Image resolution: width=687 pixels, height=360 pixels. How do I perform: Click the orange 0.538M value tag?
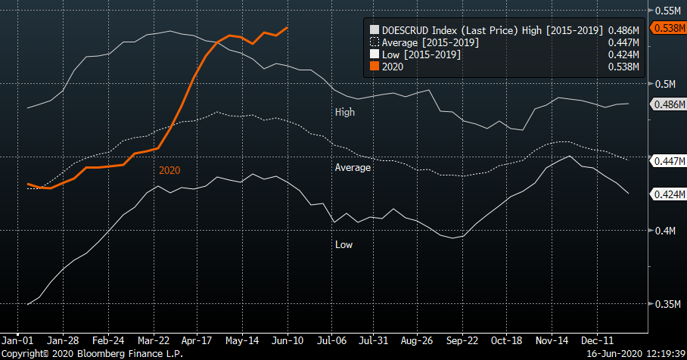(669, 28)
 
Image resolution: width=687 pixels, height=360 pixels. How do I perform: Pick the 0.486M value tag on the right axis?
(669, 104)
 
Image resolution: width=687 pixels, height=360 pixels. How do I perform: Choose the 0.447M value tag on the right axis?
(669, 161)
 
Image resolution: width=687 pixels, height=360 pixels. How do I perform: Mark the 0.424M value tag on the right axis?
(669, 194)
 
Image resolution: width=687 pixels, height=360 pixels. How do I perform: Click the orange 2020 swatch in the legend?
(374, 67)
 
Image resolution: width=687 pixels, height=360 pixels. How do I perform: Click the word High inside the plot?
(344, 112)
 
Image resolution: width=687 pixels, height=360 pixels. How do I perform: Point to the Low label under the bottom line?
(343, 244)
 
